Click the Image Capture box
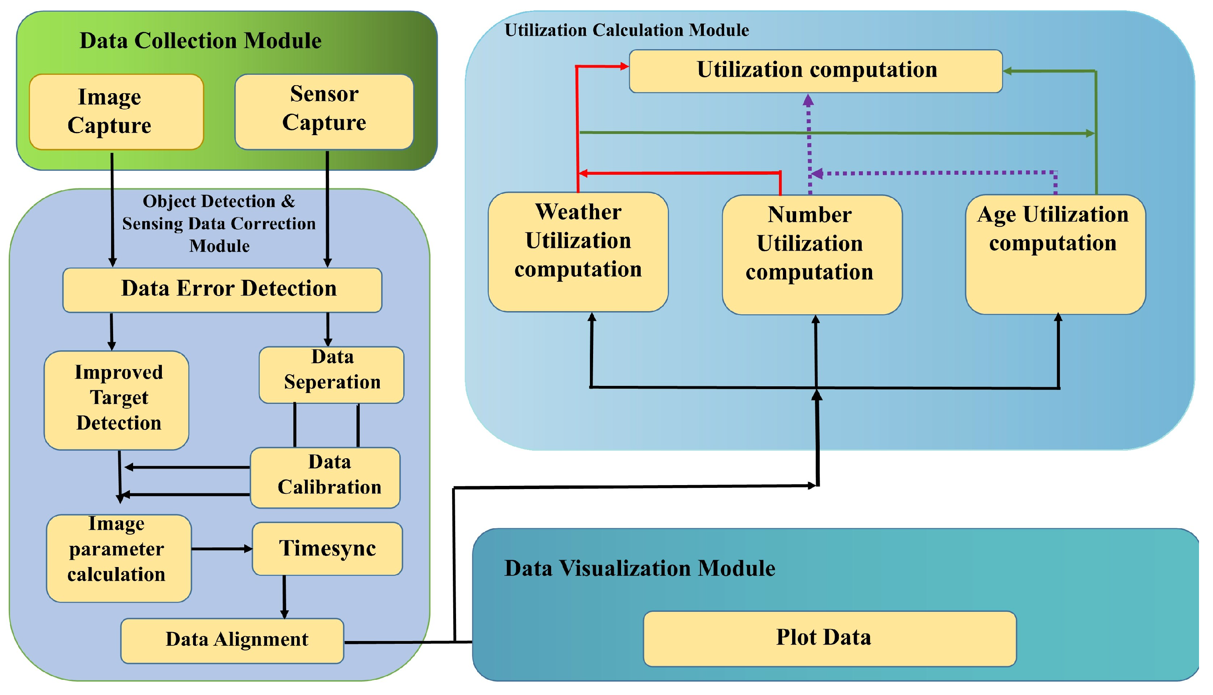click(116, 112)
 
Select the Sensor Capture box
click(325, 112)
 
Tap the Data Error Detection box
click(222, 290)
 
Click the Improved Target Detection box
click(117, 400)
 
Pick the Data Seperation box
click(331, 375)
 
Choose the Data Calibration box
click(325, 477)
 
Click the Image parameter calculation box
click(119, 557)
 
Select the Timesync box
click(327, 549)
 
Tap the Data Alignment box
click(232, 641)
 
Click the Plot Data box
click(829, 638)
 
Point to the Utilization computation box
click(816, 71)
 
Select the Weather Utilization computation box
click(578, 252)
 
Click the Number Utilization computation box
click(812, 254)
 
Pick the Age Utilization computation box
click(1055, 254)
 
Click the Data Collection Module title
click(200, 40)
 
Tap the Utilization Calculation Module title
click(627, 30)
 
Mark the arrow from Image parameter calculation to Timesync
click(222, 549)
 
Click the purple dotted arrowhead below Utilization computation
click(808, 101)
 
